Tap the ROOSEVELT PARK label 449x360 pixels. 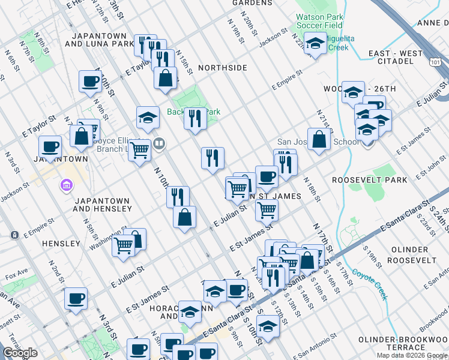pos(370,180)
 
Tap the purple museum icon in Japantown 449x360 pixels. pos(65,187)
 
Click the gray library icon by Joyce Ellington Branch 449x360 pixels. pos(159,143)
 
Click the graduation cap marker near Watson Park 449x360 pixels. pos(315,43)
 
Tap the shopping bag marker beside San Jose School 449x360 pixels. pos(319,139)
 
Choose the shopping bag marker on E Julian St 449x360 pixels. pos(185,217)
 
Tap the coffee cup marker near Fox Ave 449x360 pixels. pos(76,299)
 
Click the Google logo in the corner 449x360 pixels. pos(20,353)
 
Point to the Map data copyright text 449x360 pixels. pos(412,355)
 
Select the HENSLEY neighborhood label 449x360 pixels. pos(61,244)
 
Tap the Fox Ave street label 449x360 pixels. pos(17,276)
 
